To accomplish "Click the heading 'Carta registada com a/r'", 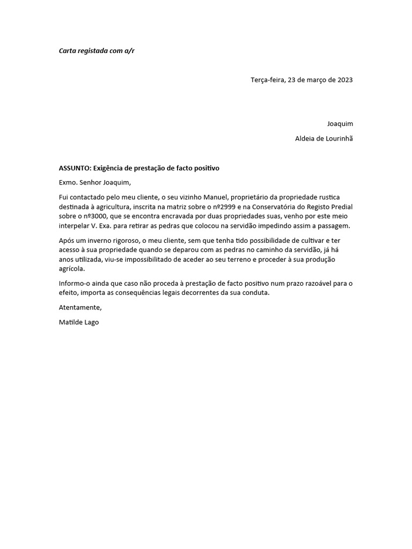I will [97, 51].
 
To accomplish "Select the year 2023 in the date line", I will [344, 80].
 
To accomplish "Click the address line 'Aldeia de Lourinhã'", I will [324, 139].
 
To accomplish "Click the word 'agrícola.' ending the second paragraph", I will [72, 269].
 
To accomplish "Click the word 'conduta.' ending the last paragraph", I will [256, 293].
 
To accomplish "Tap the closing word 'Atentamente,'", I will [80, 308].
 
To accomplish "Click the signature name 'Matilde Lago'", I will [79, 322].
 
